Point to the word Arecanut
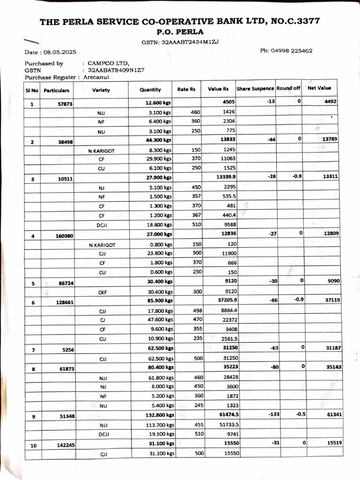[97, 77]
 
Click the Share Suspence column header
[255, 89]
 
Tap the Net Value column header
[319, 88]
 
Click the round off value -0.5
[294, 414]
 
